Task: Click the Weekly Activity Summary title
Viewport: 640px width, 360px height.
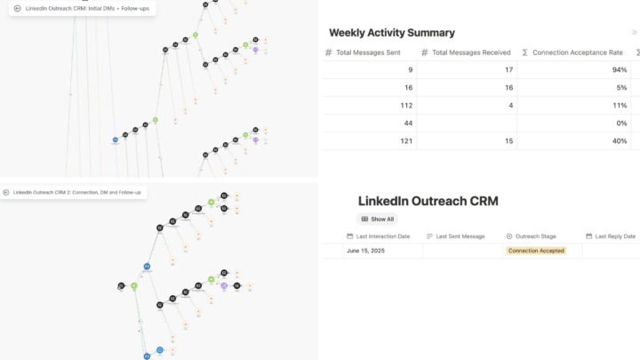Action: (392, 33)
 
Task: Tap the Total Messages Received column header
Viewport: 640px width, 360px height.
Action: (470, 53)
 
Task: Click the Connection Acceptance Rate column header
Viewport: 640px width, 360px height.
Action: (577, 53)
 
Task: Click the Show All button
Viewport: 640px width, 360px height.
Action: (377, 219)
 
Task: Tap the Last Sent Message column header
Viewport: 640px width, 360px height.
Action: (460, 236)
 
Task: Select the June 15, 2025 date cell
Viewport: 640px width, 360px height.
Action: (365, 252)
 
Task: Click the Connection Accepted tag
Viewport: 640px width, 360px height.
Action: (535, 252)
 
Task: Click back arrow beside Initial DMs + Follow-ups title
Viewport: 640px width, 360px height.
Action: (17, 8)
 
